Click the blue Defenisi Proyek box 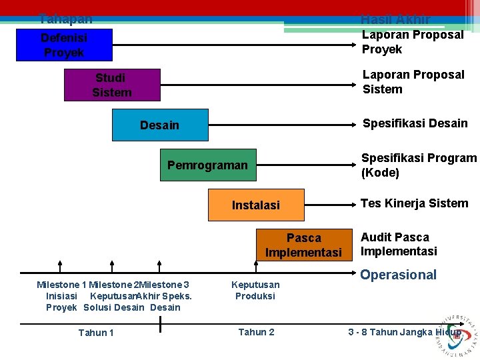click(x=64, y=45)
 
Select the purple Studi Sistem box click(x=112, y=85)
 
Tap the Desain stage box click(x=160, y=125)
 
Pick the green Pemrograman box click(x=207, y=165)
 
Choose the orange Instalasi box click(x=256, y=205)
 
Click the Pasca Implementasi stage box click(x=304, y=245)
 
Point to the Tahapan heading click(x=65, y=19)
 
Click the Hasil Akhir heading click(x=395, y=19)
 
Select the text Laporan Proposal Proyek click(x=412, y=42)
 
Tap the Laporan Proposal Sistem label click(x=413, y=82)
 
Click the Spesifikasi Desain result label click(x=415, y=123)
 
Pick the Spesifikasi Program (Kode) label click(x=419, y=165)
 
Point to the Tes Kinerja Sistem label click(x=414, y=203)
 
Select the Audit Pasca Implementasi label click(x=399, y=244)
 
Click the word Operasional click(x=399, y=275)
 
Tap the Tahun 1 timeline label click(x=96, y=333)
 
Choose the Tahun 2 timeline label click(x=256, y=332)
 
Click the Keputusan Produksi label click(x=255, y=290)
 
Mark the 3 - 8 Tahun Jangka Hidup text click(x=405, y=332)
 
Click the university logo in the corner click(x=456, y=333)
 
